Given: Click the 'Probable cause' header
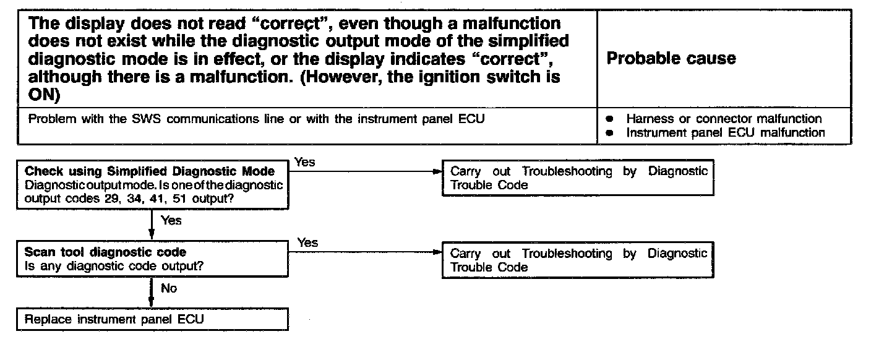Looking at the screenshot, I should coord(671,59).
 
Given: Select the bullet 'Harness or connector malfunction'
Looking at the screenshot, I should coord(724,119).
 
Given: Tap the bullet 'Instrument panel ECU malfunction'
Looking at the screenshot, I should coord(725,132).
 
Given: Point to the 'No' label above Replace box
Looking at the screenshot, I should coord(169,288).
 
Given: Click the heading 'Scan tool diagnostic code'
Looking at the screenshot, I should coord(105,252).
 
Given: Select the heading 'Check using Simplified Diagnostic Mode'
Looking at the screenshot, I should coord(149,171).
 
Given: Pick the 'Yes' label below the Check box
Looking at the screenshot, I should coord(171,220).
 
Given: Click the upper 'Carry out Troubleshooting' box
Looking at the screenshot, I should coord(578,178).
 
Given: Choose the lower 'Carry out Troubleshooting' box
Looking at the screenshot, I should coord(578,260).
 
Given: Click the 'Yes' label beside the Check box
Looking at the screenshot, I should coord(305,162).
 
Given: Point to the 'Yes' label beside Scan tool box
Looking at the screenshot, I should coord(307,242).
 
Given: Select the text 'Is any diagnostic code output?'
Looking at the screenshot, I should coord(114,267).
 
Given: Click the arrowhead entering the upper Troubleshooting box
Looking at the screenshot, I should coord(438,172).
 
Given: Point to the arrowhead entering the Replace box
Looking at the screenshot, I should coord(152,304).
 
